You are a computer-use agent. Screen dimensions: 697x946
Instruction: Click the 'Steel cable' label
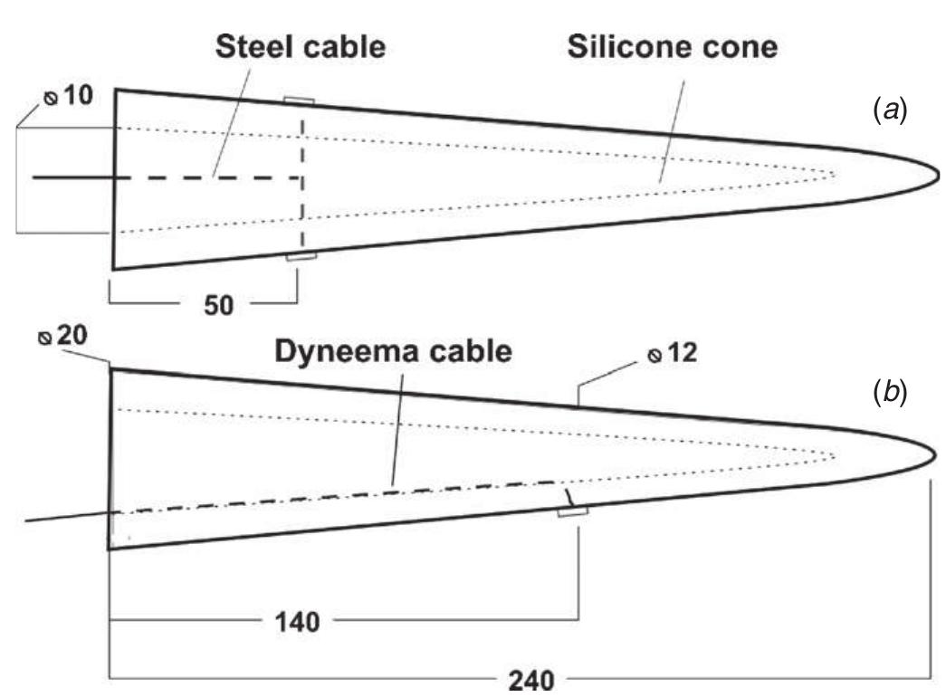[x=300, y=46]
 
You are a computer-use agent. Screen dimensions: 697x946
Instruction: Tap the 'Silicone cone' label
[x=672, y=46]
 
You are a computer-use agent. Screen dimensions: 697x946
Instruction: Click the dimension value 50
[x=217, y=305]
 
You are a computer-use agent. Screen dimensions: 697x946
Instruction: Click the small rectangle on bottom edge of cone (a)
[x=301, y=258]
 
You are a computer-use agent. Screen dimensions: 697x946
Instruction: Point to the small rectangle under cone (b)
[x=572, y=513]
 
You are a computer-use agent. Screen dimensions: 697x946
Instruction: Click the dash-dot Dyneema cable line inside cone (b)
[x=362, y=495]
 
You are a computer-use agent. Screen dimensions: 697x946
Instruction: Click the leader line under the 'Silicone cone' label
[x=672, y=127]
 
